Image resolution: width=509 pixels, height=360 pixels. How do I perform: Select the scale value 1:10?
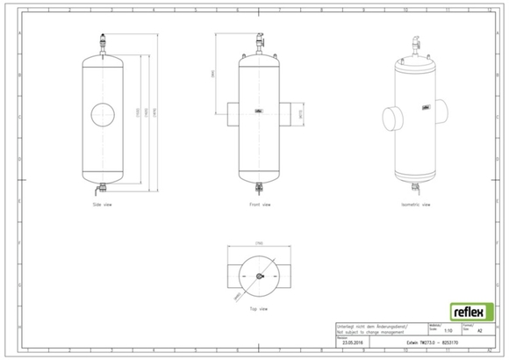448,331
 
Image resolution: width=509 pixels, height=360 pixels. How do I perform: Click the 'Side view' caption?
103,205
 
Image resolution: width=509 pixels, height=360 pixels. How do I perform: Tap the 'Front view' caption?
260,205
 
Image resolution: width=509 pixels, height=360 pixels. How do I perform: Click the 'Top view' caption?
259,310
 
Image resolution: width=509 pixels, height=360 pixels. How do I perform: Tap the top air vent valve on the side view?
103,40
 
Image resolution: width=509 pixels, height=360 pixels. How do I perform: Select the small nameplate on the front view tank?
259,111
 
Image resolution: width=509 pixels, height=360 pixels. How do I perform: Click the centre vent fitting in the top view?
260,277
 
